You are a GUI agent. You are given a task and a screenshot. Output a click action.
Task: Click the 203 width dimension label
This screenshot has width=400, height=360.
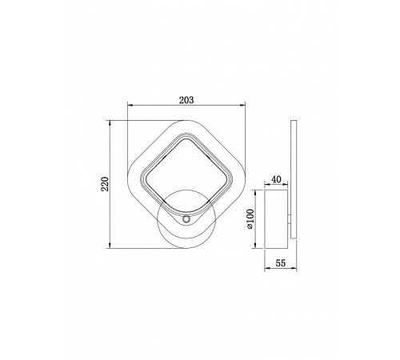pos(186,100)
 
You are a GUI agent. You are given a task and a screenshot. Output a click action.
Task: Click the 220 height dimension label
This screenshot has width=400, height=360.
pos(105,184)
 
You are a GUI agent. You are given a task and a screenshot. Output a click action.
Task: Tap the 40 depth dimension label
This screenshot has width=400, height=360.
pos(276,179)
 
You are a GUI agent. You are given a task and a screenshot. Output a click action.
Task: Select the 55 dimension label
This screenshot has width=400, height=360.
pos(281,263)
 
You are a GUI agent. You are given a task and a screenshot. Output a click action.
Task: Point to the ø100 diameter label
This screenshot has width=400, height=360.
pos(250,218)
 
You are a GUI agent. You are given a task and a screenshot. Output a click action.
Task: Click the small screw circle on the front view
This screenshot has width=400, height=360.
pos(186,219)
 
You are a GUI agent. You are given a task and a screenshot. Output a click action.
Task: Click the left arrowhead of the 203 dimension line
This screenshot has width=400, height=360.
pos(130,105)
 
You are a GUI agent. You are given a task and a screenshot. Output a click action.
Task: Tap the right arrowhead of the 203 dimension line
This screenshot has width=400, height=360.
pos(242,105)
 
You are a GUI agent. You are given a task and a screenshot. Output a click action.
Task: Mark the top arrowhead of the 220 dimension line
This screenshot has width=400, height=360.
pos(110,123)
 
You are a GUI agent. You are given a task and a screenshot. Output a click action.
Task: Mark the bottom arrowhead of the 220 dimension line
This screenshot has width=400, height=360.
pos(110,246)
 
